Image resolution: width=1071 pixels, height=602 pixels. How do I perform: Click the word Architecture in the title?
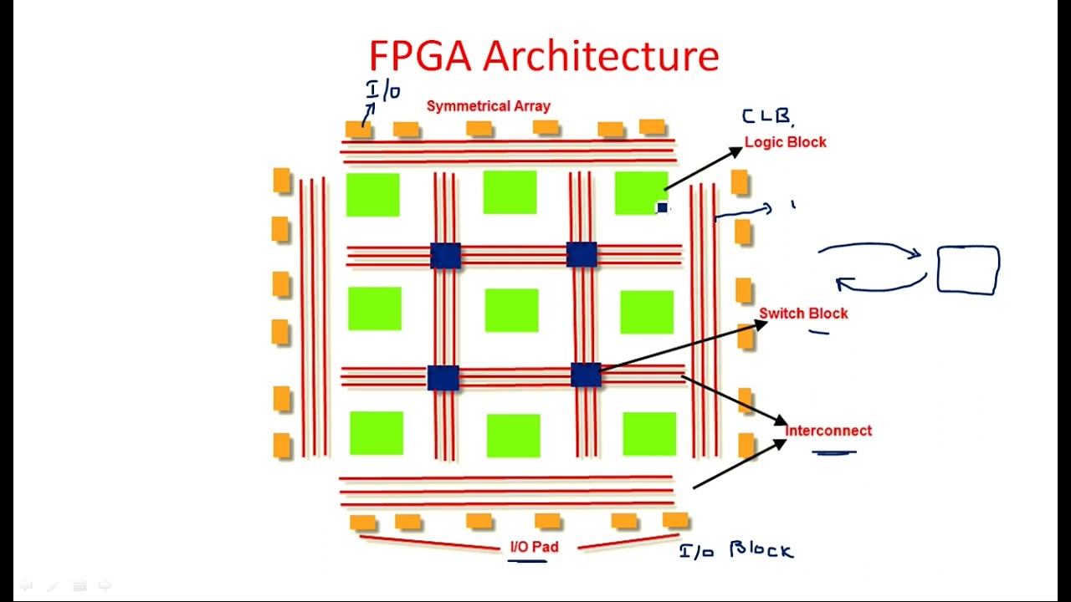click(601, 56)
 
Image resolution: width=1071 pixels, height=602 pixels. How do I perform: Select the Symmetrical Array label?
click(489, 106)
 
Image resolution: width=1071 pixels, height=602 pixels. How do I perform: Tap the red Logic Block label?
click(785, 142)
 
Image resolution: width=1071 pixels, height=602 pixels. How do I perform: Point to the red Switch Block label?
click(803, 314)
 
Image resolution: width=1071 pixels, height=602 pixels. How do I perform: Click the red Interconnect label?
click(828, 431)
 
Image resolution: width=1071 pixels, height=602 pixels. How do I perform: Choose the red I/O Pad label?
click(534, 547)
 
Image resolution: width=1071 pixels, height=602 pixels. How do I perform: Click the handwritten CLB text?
click(766, 117)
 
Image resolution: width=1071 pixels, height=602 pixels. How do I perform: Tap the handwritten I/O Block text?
click(735, 550)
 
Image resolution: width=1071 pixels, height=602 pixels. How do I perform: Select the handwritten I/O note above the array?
click(383, 90)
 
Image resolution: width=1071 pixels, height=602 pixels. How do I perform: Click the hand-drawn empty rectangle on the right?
click(968, 270)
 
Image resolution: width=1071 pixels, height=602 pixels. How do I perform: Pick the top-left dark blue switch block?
click(445, 255)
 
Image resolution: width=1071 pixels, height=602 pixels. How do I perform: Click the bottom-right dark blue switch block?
click(586, 375)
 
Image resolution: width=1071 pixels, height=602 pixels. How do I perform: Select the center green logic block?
click(511, 310)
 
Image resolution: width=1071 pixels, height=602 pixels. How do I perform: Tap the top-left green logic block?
click(372, 195)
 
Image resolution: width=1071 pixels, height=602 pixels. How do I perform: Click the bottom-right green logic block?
click(649, 434)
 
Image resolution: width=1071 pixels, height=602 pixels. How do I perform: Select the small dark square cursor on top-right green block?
click(662, 207)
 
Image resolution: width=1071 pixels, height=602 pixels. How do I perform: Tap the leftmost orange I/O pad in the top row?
click(358, 130)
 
